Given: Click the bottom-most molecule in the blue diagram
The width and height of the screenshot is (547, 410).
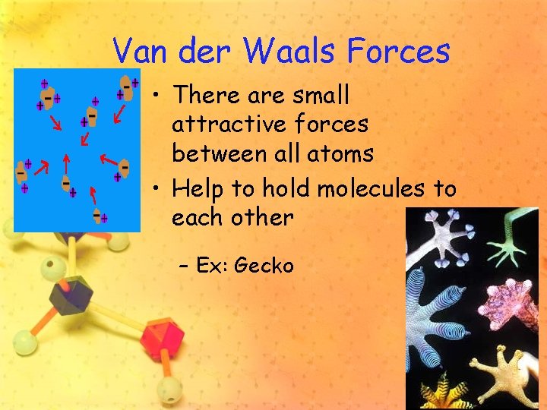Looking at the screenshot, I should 98,216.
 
